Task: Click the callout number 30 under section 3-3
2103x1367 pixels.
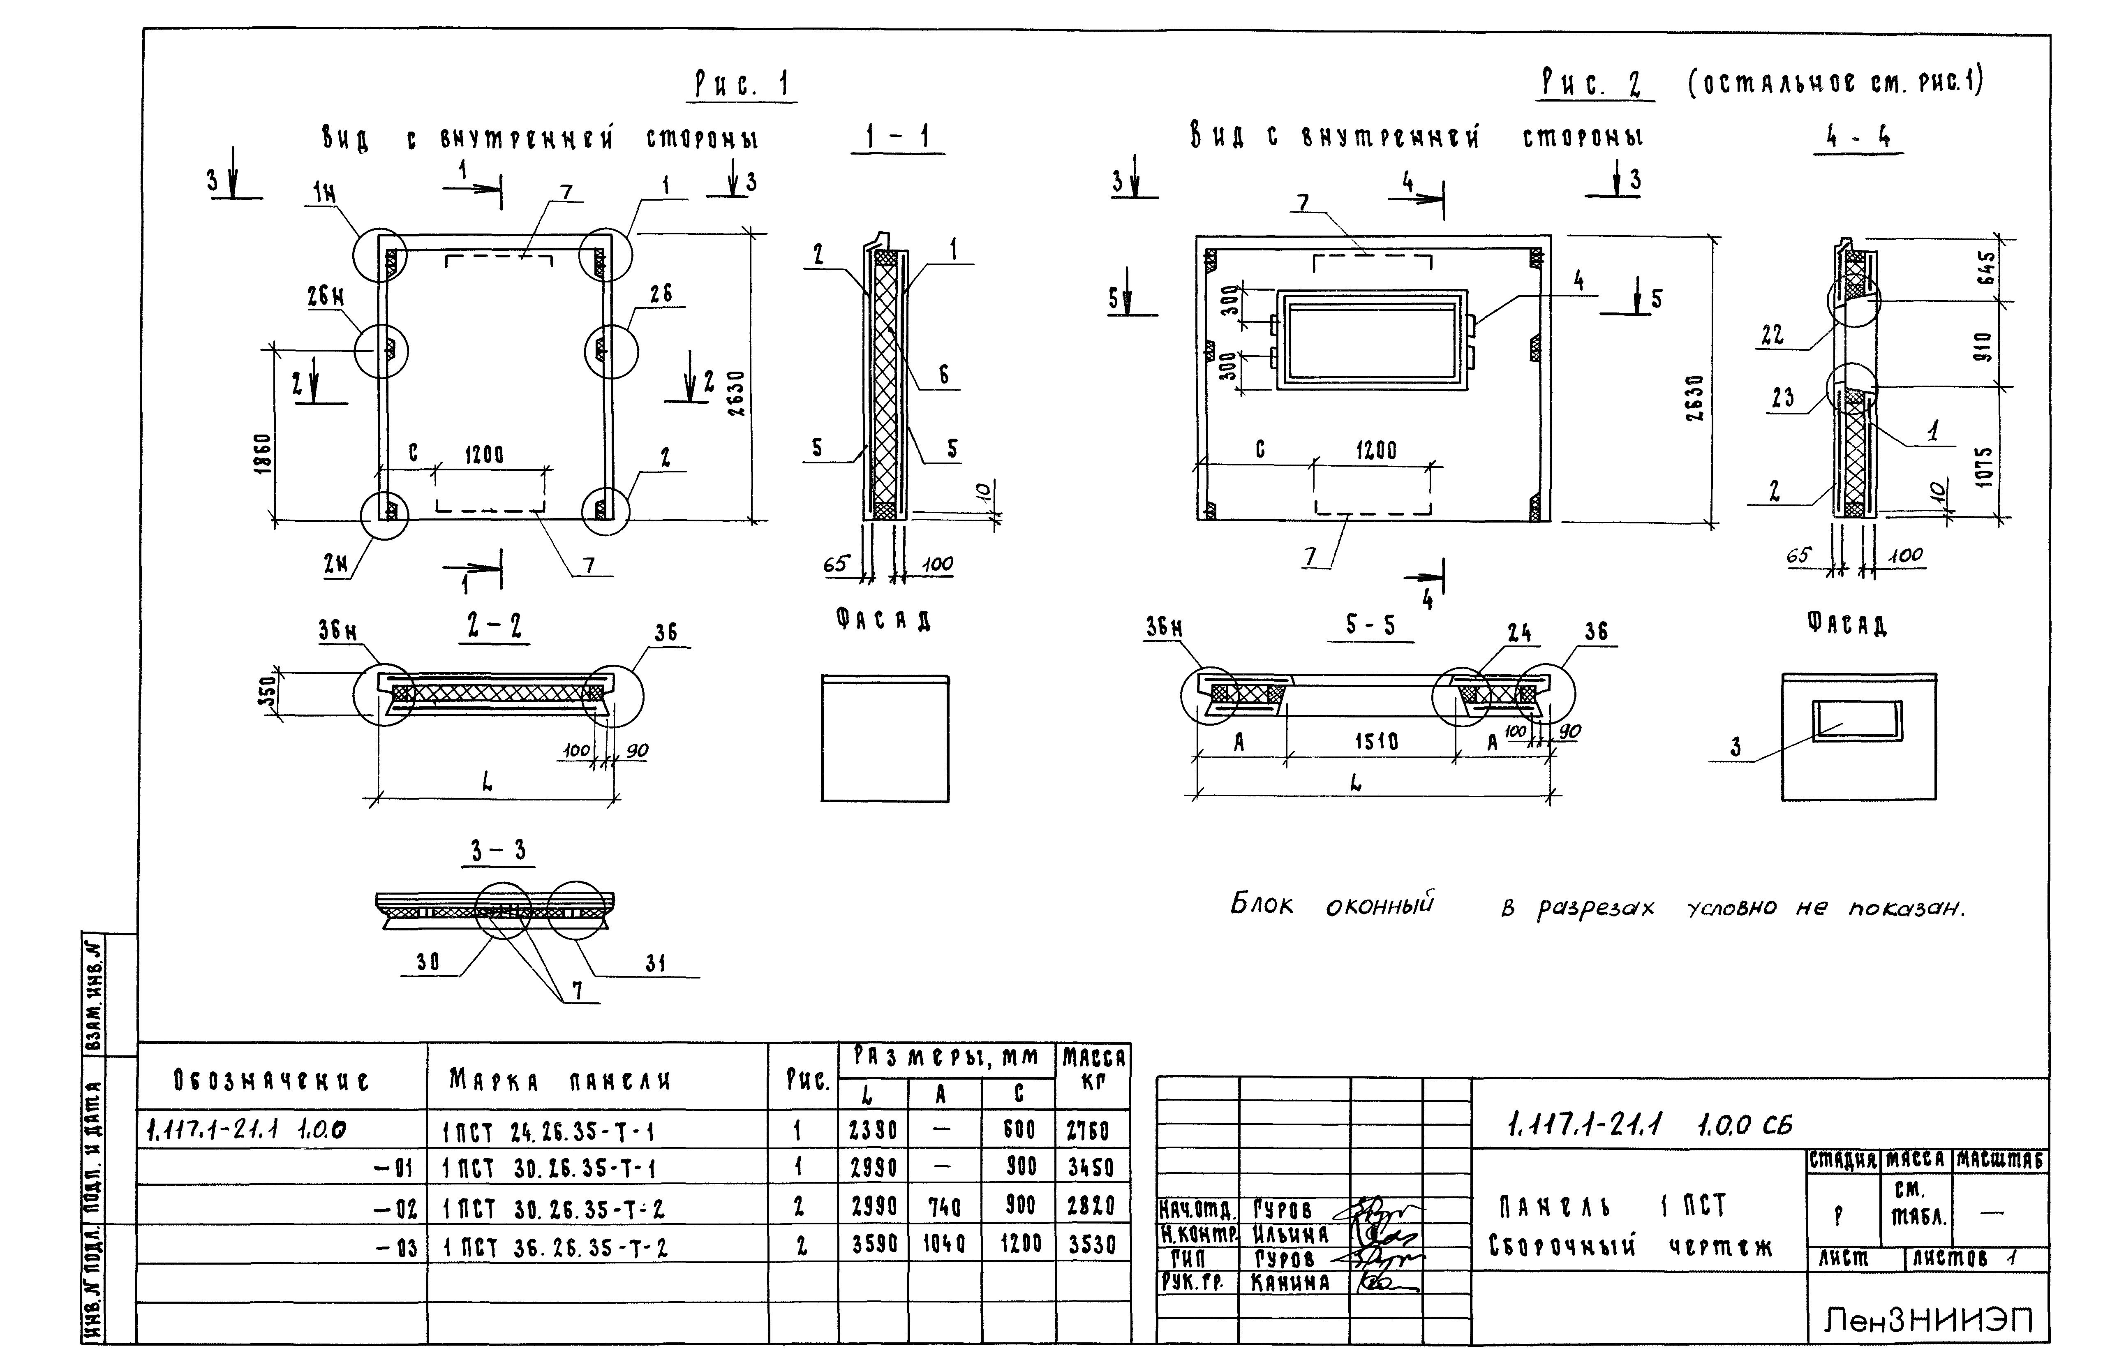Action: click(x=428, y=962)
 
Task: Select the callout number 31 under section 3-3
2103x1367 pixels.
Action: click(x=655, y=964)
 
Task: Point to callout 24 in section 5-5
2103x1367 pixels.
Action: click(x=1519, y=633)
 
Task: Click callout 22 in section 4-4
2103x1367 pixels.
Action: click(x=1772, y=335)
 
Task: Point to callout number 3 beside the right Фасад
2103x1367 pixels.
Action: click(x=1736, y=747)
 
